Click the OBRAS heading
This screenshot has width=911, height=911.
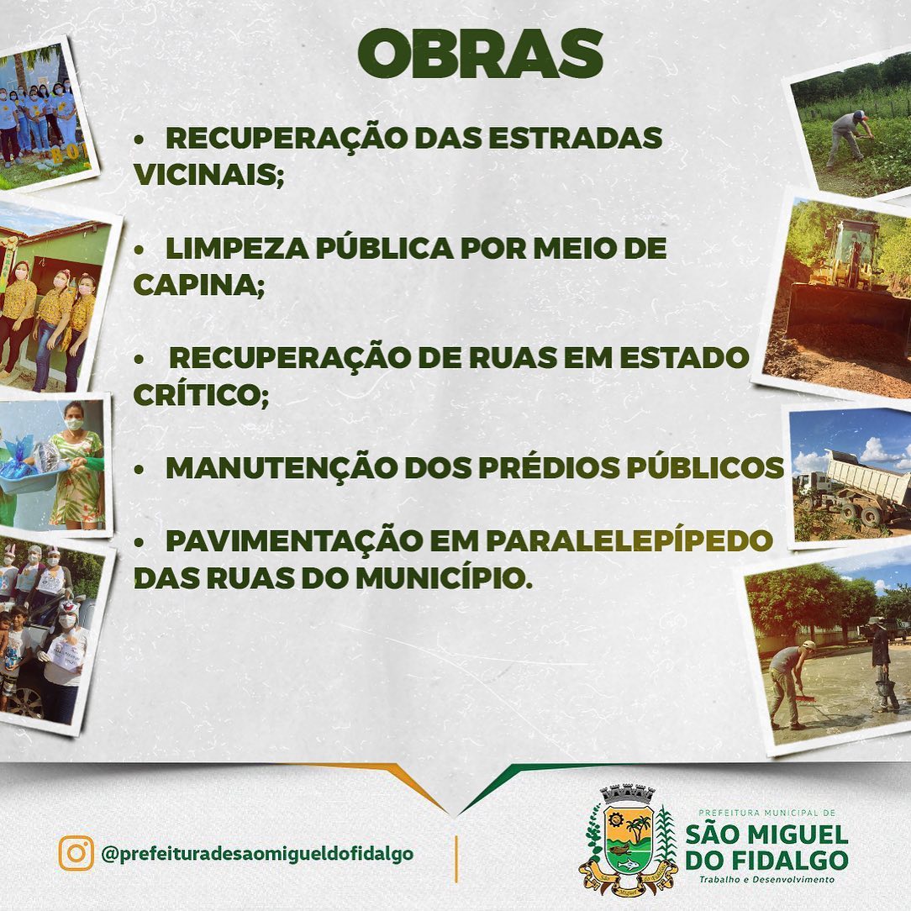coord(480,54)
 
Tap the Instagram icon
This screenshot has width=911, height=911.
coord(76,853)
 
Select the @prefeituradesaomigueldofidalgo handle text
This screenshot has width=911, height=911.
coord(257,854)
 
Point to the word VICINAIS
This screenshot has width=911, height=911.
coord(208,174)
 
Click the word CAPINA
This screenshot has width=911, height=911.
coord(198,285)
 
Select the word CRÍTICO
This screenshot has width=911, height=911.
coord(201,395)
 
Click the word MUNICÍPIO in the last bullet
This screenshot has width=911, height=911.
coord(444,578)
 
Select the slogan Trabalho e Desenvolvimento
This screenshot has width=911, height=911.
coord(767,879)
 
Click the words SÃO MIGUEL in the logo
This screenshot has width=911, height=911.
coord(767,835)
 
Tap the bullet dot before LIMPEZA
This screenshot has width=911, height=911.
coord(139,250)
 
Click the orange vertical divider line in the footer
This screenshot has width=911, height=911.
coord(456,859)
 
